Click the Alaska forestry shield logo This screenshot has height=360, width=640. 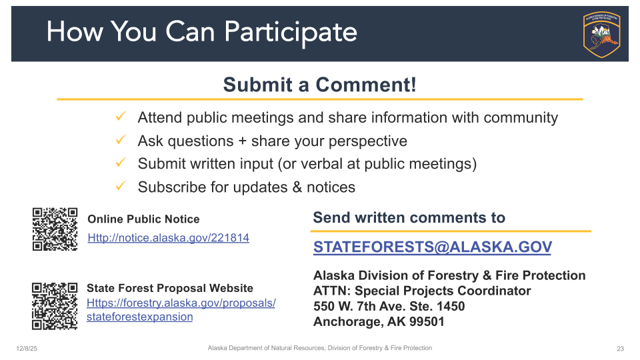click(x=601, y=34)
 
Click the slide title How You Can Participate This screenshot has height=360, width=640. click(x=201, y=32)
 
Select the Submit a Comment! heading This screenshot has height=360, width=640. click(x=319, y=85)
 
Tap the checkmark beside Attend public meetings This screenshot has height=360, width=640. click(x=121, y=116)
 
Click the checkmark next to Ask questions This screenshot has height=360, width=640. click(x=121, y=139)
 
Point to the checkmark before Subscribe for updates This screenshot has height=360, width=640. click(x=121, y=186)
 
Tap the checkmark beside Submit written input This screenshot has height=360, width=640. click(x=121, y=163)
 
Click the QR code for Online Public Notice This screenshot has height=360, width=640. click(x=55, y=229)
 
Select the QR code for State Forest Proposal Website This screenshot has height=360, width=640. click(x=55, y=306)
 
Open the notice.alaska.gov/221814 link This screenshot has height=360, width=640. click(x=168, y=237)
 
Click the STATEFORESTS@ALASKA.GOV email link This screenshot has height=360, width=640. click(x=433, y=247)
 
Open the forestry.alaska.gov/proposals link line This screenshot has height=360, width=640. click(x=181, y=303)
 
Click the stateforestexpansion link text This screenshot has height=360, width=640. click(x=139, y=317)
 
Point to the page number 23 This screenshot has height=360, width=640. click(x=621, y=349)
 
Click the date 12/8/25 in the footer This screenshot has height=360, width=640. click(x=27, y=349)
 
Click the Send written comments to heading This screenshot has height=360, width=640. click(x=409, y=217)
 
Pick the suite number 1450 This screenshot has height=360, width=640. click(x=451, y=306)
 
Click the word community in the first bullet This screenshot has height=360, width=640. click(x=521, y=117)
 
